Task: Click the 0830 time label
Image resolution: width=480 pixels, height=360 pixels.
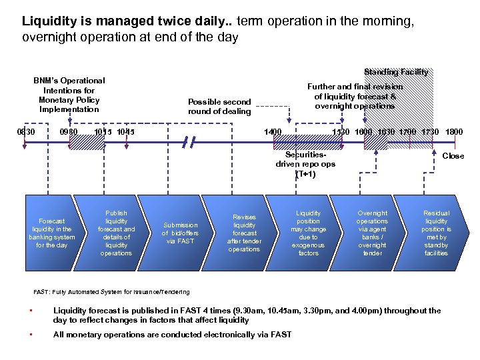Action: click(x=26, y=132)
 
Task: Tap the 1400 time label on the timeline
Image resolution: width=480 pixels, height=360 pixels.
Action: click(x=273, y=132)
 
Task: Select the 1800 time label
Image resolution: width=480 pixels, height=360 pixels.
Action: click(x=454, y=132)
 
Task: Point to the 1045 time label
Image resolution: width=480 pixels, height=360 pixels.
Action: click(x=125, y=132)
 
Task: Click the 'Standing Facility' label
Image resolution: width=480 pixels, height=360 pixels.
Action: click(x=396, y=72)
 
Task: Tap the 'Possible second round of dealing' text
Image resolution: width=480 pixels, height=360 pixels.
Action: click(x=219, y=107)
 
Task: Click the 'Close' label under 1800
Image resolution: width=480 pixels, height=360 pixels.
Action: click(x=453, y=156)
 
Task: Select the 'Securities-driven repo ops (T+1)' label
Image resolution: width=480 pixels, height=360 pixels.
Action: click(x=305, y=164)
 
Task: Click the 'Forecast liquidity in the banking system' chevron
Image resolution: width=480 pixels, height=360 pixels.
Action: click(x=53, y=233)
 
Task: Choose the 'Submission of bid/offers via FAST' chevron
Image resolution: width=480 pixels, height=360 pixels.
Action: click(x=180, y=233)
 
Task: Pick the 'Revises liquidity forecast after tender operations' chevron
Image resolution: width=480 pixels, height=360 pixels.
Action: click(x=244, y=233)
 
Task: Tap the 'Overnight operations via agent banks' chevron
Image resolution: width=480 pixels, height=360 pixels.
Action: click(x=372, y=233)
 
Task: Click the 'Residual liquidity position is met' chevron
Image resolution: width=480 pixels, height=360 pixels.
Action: click(x=436, y=233)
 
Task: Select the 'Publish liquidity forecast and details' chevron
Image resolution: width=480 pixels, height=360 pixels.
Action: click(x=116, y=233)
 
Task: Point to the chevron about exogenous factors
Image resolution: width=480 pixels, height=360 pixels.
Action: click(x=308, y=233)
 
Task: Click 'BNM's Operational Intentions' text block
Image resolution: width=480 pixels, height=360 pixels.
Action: click(x=69, y=95)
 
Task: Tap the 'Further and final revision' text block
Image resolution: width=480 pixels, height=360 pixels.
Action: click(x=355, y=96)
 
